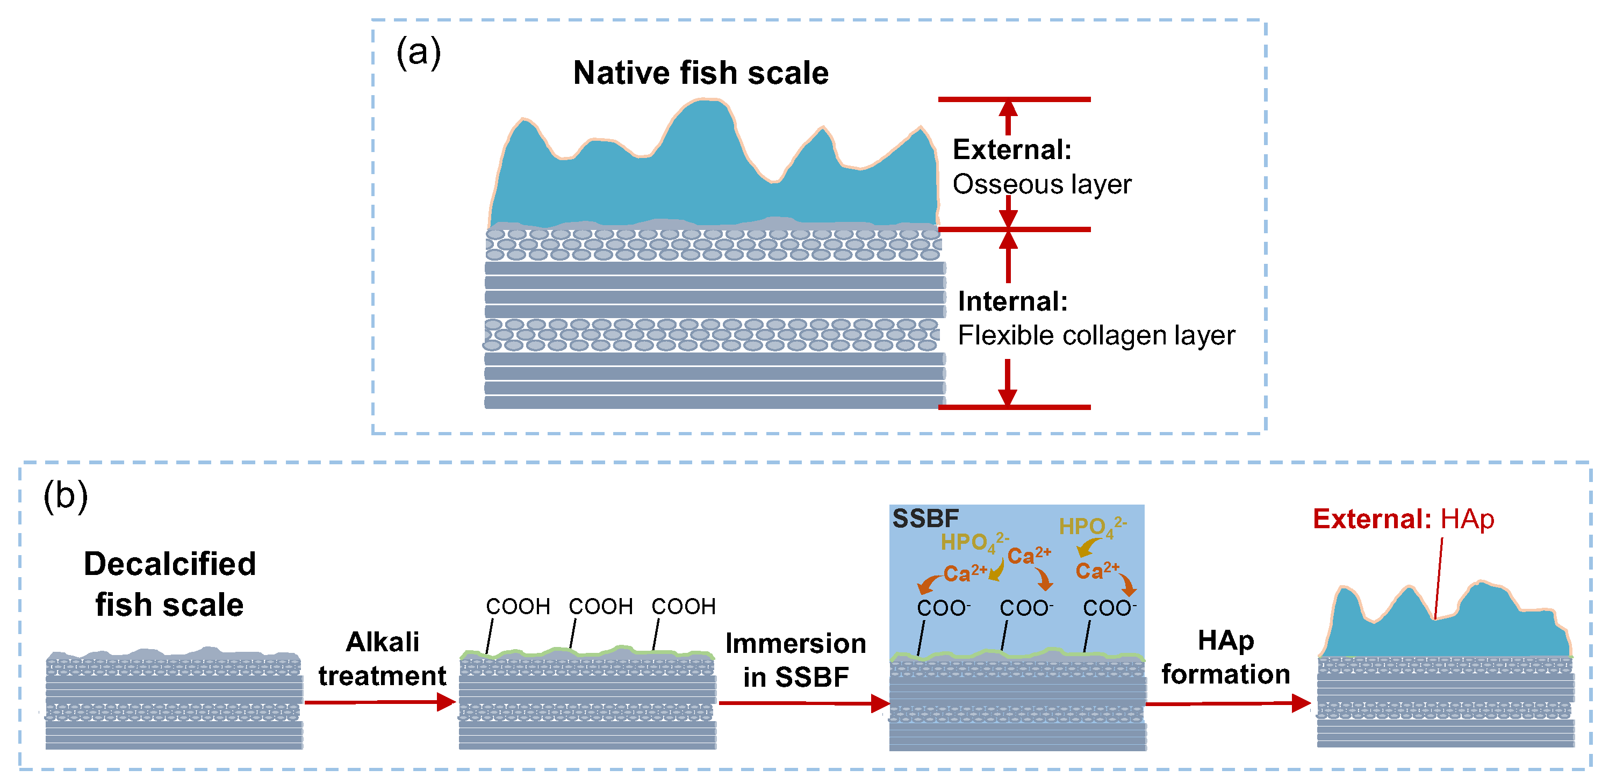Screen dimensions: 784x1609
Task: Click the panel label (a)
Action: pyautogui.click(x=418, y=53)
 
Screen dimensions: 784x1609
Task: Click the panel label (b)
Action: pyautogui.click(x=65, y=496)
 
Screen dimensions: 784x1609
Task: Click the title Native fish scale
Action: pyautogui.click(x=700, y=73)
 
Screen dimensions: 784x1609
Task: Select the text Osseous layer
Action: pyautogui.click(x=1041, y=184)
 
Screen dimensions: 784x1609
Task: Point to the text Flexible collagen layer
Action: pyautogui.click(x=1096, y=335)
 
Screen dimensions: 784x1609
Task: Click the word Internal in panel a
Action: pyautogui.click(x=1012, y=302)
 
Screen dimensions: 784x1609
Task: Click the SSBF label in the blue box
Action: pyautogui.click(x=925, y=519)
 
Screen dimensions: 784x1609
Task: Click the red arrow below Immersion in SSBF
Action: pyautogui.click(x=803, y=703)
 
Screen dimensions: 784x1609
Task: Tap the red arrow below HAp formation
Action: pyautogui.click(x=1227, y=703)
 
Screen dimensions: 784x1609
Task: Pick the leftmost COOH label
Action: pyautogui.click(x=518, y=606)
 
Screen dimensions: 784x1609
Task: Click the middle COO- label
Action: pyautogui.click(x=1025, y=608)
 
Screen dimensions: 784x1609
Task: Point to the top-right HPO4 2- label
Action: pyautogui.click(x=1092, y=527)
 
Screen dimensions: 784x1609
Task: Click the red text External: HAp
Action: pyautogui.click(x=1402, y=519)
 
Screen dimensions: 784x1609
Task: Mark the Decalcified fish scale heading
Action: pyautogui.click(x=169, y=584)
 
